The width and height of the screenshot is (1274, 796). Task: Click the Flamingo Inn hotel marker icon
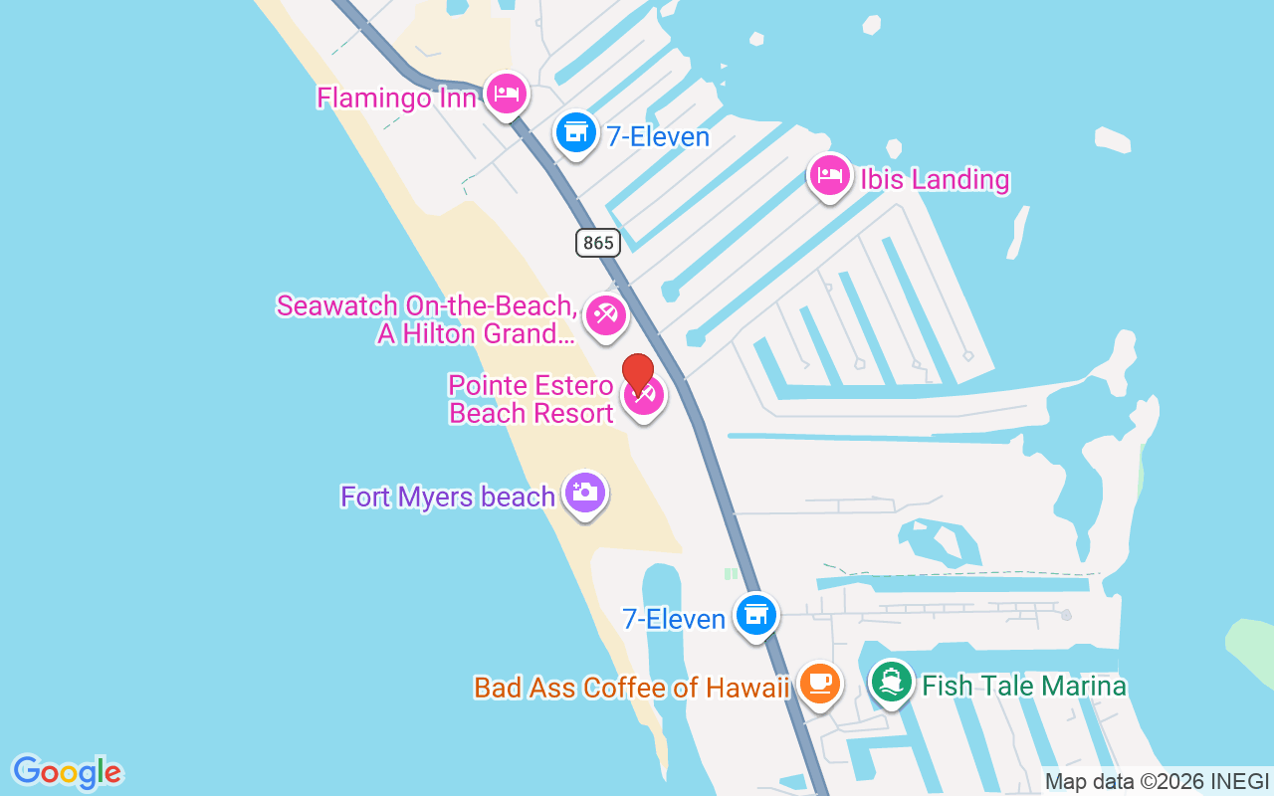point(507,94)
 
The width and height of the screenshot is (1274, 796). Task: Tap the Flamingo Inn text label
point(396,99)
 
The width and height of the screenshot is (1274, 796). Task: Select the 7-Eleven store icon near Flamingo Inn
point(575,131)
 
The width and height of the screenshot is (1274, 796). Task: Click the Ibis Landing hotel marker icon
point(829,176)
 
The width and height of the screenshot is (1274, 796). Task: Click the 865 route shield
point(597,242)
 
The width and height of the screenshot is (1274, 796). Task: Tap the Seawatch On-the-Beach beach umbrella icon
point(604,315)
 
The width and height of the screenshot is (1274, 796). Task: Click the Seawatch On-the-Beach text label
point(427,319)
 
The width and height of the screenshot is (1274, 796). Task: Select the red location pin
point(638,374)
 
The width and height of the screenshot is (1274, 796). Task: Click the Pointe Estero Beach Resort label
point(531,399)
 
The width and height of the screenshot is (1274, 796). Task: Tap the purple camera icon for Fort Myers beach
point(584,493)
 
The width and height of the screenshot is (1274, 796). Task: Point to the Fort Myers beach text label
point(447,497)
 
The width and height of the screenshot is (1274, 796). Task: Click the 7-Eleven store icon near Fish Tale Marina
point(756,615)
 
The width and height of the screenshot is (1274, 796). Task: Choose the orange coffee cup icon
point(819,684)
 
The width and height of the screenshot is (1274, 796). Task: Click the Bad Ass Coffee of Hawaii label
point(631,688)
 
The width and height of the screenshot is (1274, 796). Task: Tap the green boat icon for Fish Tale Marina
point(892,683)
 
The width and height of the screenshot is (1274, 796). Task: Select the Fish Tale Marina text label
point(1024,686)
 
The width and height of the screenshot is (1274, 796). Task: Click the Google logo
point(67,772)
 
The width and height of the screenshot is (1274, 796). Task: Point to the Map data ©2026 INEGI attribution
point(1157,781)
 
